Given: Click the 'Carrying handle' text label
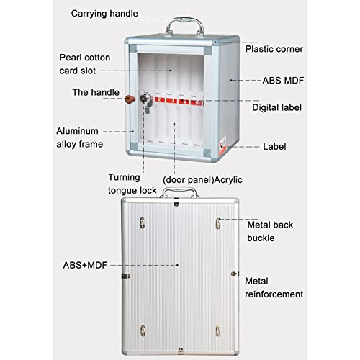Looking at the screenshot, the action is pyautogui.click(x=104, y=14).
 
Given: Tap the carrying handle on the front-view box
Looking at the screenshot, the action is pyautogui.click(x=184, y=21).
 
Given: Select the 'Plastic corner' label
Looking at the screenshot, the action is pyautogui.click(x=274, y=49).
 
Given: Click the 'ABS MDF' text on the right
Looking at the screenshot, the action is pyautogui.click(x=283, y=81).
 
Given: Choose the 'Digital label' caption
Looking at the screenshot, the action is pyautogui.click(x=276, y=107).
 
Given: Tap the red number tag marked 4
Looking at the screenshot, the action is pyautogui.click(x=184, y=101).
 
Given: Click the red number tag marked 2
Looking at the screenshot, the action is pyautogui.click(x=159, y=99).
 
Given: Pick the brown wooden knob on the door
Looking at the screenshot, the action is pyautogui.click(x=130, y=99).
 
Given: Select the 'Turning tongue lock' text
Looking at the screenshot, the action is pyautogui.click(x=132, y=184).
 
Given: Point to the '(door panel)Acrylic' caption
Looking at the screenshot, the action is pyautogui.click(x=202, y=180).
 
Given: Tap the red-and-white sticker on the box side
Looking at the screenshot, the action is pyautogui.click(x=222, y=143).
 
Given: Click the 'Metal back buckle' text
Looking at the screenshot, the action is pyautogui.click(x=270, y=231).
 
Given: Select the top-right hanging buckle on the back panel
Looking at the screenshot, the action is pyautogui.click(x=218, y=223).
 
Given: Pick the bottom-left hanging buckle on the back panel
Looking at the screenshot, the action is pyautogui.click(x=143, y=330).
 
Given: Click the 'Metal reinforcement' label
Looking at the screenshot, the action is pyautogui.click(x=274, y=287).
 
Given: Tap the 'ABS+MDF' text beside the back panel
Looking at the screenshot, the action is pyautogui.click(x=85, y=265).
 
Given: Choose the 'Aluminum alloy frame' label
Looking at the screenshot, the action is pyautogui.click(x=80, y=138).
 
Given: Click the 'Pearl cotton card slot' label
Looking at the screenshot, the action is pyautogui.click(x=85, y=64).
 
